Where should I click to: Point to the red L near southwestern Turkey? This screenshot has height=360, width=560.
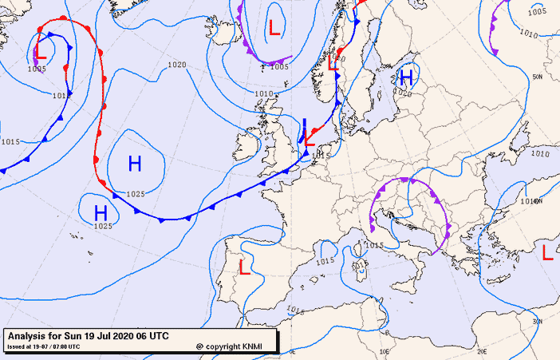pos(547,253)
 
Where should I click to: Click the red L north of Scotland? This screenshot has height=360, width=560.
pos(274,28)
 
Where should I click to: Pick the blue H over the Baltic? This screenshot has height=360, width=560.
pos(406,77)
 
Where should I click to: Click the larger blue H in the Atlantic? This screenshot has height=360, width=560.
pos(135,164)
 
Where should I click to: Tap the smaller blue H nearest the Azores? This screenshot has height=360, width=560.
pos(101,213)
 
